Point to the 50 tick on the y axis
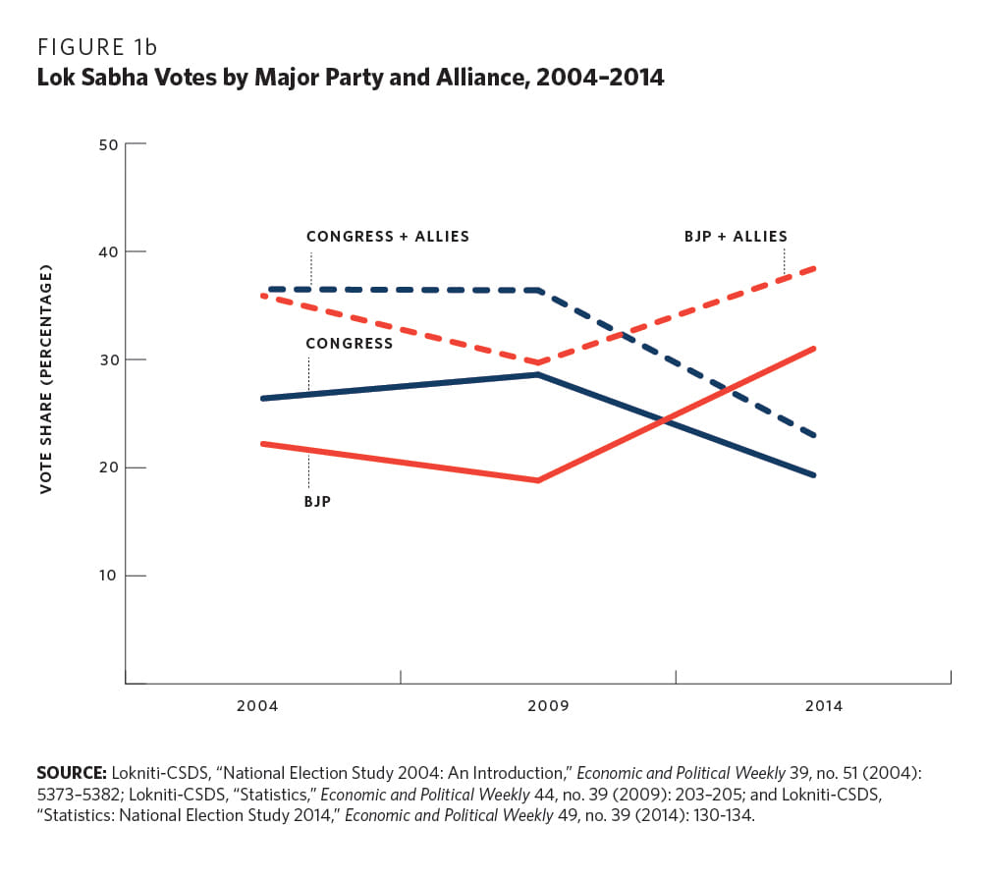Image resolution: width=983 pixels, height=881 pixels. coord(108,144)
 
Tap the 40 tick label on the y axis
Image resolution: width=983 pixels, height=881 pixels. coord(108,252)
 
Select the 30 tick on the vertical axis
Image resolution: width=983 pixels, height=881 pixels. coord(108,359)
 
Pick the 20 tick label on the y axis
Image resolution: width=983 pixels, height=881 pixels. coord(108,468)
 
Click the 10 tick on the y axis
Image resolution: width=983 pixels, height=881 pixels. coord(108,576)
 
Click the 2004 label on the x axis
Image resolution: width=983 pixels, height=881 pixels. coord(257,706)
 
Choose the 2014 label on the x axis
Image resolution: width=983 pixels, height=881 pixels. coord(823,706)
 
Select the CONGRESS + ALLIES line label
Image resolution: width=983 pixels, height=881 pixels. coord(387,237)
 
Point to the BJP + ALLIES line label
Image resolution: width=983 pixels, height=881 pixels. coord(736,237)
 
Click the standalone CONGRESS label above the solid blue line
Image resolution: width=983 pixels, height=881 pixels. coord(349,344)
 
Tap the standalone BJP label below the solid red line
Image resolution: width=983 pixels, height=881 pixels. coord(317,501)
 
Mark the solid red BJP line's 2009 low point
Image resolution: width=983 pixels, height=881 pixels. coord(538,480)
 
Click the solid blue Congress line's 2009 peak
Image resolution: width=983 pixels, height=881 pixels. coord(538,374)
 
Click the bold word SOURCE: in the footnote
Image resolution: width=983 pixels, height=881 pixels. coord(71,773)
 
